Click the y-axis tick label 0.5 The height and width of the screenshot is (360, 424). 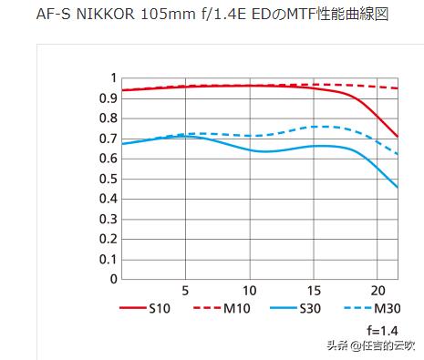[x=108, y=179]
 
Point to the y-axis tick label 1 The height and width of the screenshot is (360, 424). [x=113, y=78]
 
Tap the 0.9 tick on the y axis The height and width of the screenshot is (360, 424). [x=108, y=98]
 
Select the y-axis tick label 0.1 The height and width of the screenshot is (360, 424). [x=108, y=259]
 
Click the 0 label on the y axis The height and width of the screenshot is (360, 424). [x=113, y=279]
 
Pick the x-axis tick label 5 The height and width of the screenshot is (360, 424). [x=185, y=292]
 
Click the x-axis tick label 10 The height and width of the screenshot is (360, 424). [x=249, y=292]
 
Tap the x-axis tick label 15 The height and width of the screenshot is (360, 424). [x=313, y=292]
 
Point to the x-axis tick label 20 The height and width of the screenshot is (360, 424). [x=377, y=292]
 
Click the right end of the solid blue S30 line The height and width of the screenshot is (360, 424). [x=398, y=187]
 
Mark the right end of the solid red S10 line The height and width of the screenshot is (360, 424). [x=398, y=137]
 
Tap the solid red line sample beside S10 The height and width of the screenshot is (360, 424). [x=133, y=308]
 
